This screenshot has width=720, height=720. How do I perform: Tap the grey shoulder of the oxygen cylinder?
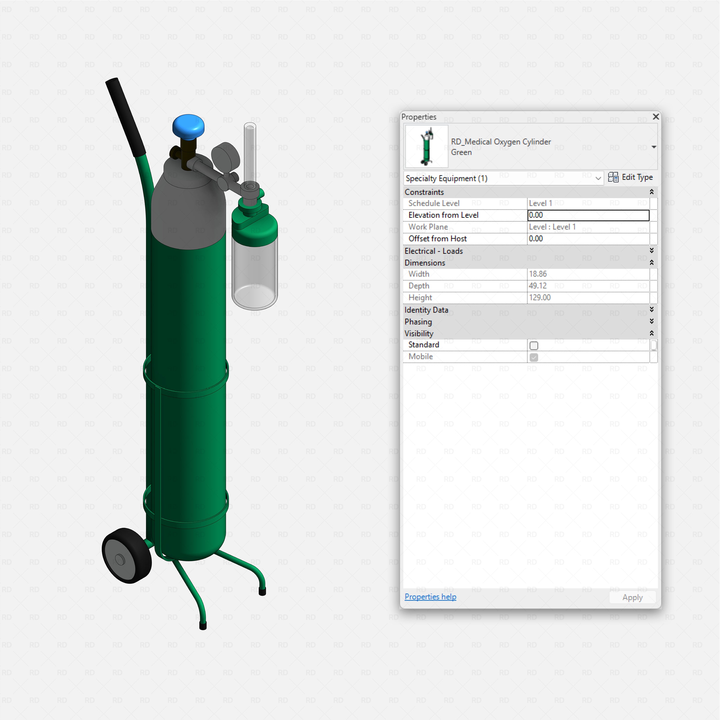[x=188, y=209]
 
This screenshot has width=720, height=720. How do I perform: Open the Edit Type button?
[x=630, y=177]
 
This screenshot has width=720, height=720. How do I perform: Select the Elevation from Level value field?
[x=588, y=215]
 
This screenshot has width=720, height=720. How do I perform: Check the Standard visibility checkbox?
[x=534, y=345]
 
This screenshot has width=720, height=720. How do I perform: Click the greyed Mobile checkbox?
[x=534, y=357]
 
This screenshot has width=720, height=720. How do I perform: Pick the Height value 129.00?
[x=540, y=297]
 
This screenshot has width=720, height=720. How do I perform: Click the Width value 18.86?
[x=538, y=274]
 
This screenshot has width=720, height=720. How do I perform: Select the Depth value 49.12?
[x=538, y=286]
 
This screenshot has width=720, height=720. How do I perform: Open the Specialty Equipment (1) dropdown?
[x=503, y=178]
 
